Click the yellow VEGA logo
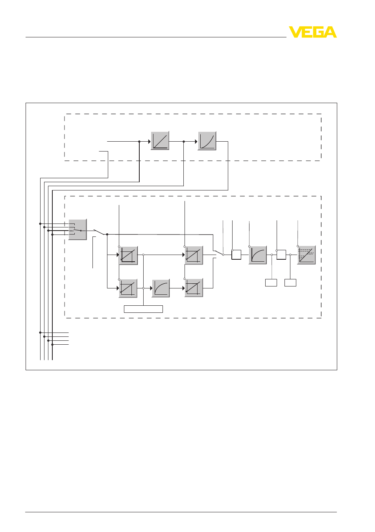312,32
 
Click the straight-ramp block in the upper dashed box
160,140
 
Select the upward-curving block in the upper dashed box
207,141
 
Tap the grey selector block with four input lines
78,229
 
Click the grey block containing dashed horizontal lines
307,255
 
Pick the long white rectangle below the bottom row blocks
144,309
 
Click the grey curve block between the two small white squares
258,255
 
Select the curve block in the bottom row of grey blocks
161,288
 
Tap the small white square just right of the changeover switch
236,255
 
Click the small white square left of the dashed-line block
281,255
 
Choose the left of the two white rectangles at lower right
271,283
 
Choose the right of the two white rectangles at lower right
290,283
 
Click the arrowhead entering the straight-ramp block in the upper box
150,142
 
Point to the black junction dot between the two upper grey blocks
184,142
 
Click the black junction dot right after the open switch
107,235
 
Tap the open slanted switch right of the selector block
99,232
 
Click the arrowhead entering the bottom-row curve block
151,288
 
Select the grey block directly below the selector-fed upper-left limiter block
128,288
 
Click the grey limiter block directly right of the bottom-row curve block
194,288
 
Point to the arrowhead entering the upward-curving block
196,142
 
